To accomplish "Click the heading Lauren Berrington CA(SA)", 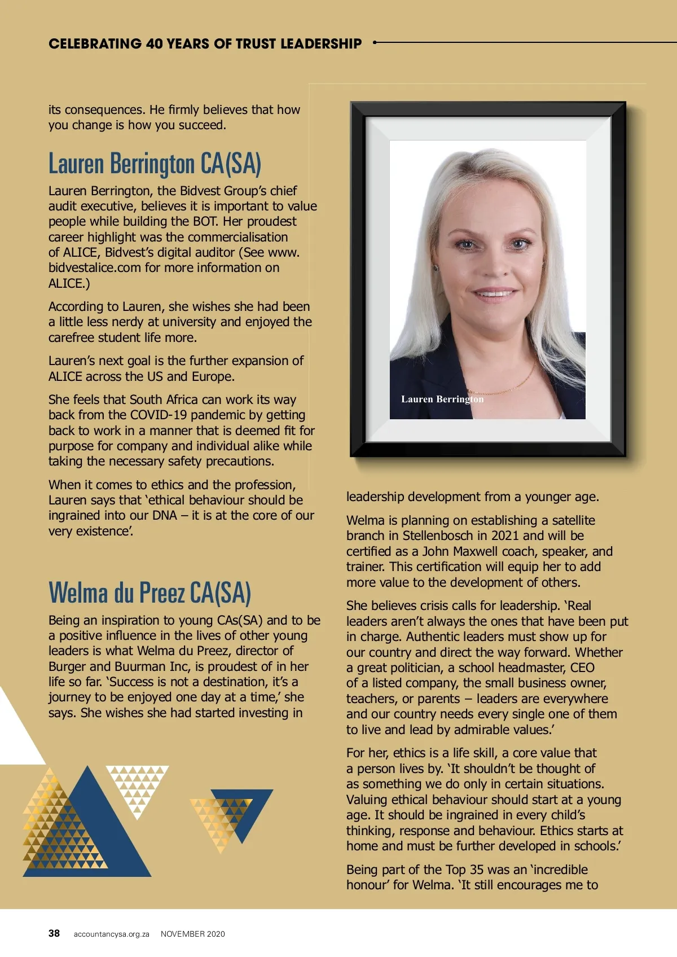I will tap(155, 164).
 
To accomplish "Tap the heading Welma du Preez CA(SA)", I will tap(150, 592).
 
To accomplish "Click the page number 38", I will tap(54, 933).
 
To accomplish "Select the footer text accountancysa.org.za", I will tap(111, 934).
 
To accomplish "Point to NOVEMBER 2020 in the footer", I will tap(192, 934).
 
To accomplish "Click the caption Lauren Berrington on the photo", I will tap(442, 399).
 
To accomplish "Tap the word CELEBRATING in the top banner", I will tap(95, 43).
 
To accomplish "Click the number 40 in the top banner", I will tap(154, 43).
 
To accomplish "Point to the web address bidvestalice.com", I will tap(95, 267).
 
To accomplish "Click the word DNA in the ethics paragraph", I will tap(165, 515).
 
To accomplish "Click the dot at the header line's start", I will tap(375, 42).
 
